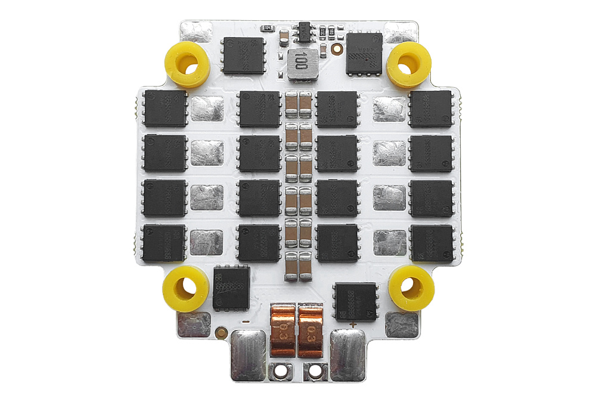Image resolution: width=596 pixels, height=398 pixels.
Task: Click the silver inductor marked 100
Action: [x=301, y=64]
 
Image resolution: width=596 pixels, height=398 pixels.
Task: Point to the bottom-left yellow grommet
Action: [x=185, y=289]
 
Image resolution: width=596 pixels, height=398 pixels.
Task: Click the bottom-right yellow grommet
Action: [x=411, y=288]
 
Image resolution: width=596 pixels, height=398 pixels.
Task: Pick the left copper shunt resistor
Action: [x=283, y=330]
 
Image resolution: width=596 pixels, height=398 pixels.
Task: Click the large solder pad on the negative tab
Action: [x=247, y=355]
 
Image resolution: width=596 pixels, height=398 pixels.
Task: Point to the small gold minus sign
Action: [x=244, y=323]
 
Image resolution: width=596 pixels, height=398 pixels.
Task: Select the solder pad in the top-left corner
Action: [x=194, y=31]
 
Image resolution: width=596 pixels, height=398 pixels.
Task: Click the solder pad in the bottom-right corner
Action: [x=402, y=325]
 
